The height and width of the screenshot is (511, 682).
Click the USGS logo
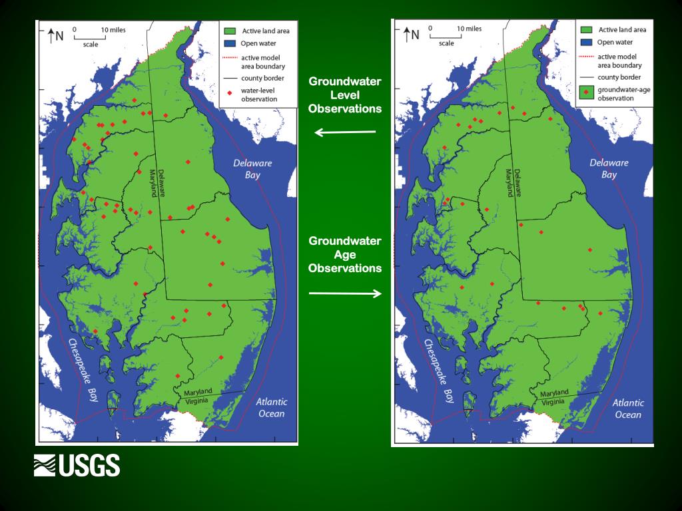[77, 465]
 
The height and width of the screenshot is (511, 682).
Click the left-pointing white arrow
[345, 132]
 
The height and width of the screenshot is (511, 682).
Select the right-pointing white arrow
[345, 293]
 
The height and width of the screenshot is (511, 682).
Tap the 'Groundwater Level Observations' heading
[345, 95]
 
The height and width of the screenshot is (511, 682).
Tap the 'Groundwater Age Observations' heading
[345, 254]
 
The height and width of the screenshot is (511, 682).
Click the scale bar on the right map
[446, 35]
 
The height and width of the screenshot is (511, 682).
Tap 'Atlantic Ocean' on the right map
[628, 409]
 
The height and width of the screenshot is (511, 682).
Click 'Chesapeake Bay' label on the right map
[440, 371]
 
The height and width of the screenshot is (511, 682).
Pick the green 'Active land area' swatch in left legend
[230, 31]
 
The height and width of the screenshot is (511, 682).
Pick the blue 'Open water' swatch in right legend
[587, 42]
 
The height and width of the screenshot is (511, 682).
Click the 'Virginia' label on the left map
[198, 402]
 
